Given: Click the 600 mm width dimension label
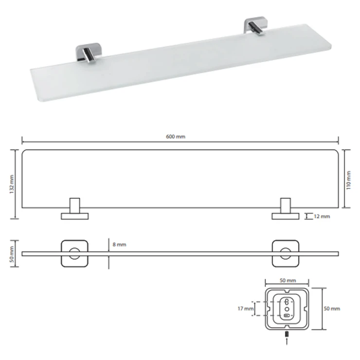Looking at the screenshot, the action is point(176,137).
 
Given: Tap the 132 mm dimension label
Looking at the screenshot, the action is point(12,184).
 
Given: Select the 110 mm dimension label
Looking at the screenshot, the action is point(348,180).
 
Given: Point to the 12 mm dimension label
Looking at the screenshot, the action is point(322,216).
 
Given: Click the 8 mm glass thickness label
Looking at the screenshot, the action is point(119,245).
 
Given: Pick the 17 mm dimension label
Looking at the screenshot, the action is point(246,308).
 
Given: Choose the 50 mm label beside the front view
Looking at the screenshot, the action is point(12,254).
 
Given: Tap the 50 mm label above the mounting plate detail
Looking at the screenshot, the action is point(288,280).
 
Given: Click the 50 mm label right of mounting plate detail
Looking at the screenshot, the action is point(332,308).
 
